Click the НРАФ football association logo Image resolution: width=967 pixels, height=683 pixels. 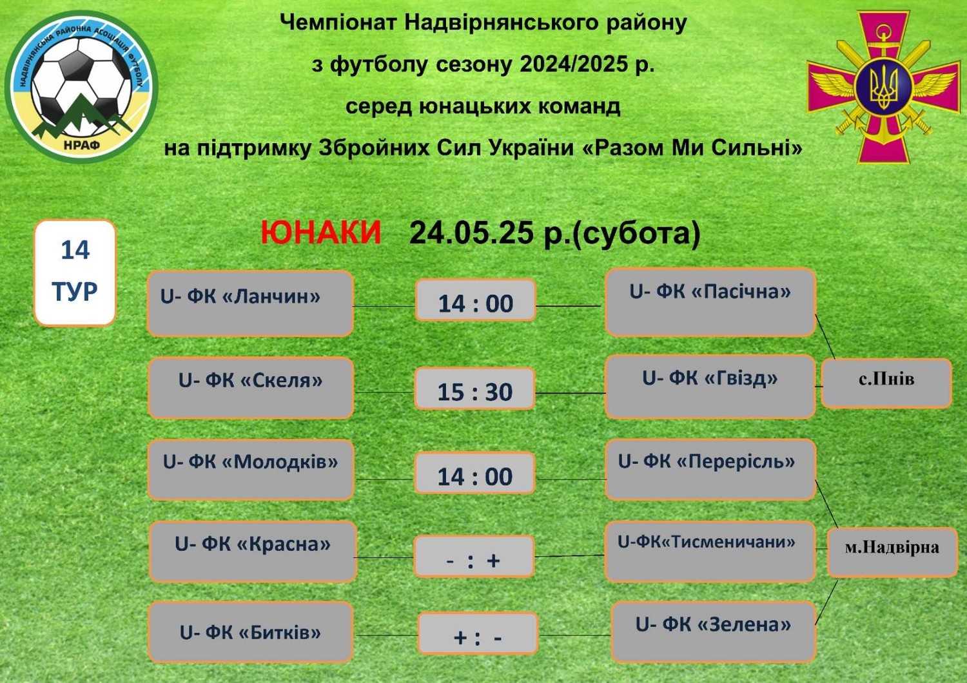pyautogui.click(x=82, y=87)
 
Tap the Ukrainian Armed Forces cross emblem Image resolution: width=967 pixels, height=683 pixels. pyautogui.click(x=884, y=87)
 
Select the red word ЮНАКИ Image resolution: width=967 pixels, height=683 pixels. pyautogui.click(x=321, y=233)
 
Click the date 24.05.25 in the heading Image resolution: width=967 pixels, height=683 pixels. pyautogui.click(x=471, y=233)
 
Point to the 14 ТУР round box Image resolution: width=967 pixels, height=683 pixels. pyautogui.click(x=75, y=273)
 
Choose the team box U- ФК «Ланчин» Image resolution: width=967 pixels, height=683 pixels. pyautogui.click(x=250, y=303)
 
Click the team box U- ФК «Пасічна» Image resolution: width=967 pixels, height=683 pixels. pyautogui.click(x=710, y=302)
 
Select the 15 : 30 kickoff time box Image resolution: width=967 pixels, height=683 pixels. pyautogui.click(x=475, y=389)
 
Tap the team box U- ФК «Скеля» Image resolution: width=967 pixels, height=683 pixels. pyautogui.click(x=251, y=388)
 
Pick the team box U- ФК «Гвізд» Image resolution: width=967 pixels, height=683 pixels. pyautogui.click(x=710, y=387)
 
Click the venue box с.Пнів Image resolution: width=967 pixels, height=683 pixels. pyautogui.click(x=886, y=383)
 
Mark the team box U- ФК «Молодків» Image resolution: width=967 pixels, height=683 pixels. pyautogui.click(x=251, y=470)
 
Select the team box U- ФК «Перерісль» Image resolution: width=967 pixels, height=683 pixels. pyautogui.click(x=710, y=470)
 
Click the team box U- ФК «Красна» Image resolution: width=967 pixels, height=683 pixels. pyautogui.click(x=253, y=552)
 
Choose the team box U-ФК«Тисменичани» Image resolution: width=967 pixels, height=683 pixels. pyautogui.click(x=710, y=552)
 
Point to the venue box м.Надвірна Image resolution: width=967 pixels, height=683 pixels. pyautogui.click(x=893, y=552)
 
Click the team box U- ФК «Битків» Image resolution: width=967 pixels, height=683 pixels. pyautogui.click(x=251, y=632)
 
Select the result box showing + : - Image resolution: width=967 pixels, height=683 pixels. pyautogui.click(x=478, y=633)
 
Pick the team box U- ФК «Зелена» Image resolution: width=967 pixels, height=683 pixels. pyautogui.click(x=713, y=632)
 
